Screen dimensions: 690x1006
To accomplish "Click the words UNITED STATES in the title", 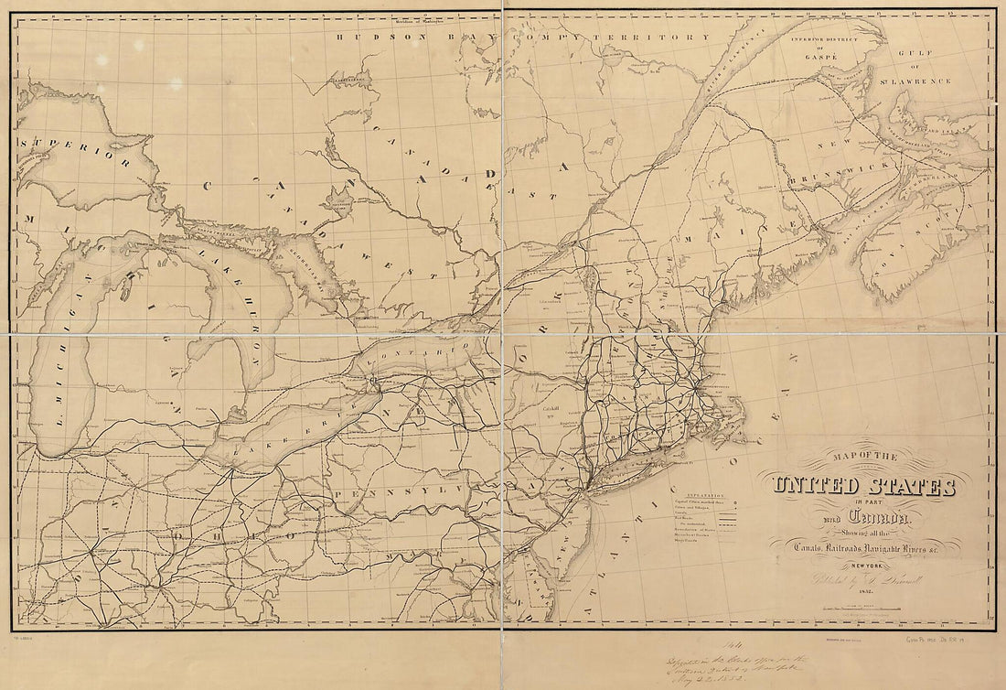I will [864, 485].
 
